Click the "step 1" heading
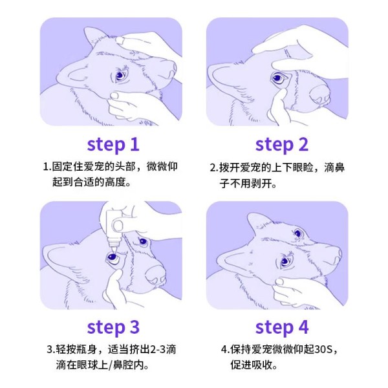(x=113, y=145)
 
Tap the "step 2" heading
(x=282, y=145)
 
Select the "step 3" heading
(x=113, y=328)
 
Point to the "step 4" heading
(x=282, y=328)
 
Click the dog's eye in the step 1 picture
(x=120, y=76)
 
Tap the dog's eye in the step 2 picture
(x=278, y=78)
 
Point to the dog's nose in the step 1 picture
(x=171, y=70)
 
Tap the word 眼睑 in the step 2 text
(x=303, y=167)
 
